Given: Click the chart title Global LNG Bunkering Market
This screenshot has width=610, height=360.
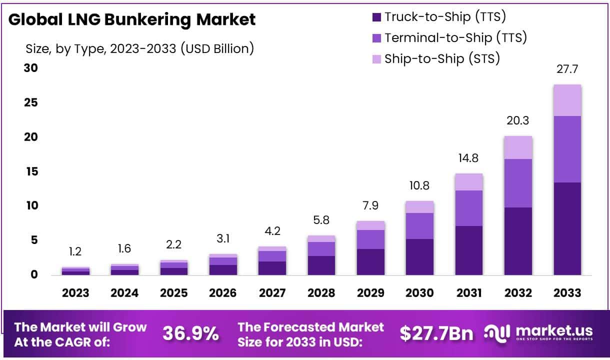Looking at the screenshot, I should [132, 19].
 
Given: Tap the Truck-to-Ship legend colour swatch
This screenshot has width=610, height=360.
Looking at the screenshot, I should [376, 17].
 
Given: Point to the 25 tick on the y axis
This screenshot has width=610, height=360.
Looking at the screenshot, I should [31, 102].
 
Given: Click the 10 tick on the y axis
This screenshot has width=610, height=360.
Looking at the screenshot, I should [31, 205].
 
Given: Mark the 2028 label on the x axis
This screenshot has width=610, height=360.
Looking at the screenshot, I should [321, 293].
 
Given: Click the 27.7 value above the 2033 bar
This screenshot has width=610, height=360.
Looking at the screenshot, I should [567, 69].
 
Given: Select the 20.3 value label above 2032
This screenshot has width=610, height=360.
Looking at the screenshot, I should [518, 120].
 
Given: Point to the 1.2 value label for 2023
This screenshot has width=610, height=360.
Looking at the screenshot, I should [75, 251].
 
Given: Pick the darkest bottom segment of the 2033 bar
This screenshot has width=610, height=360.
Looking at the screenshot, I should [567, 228].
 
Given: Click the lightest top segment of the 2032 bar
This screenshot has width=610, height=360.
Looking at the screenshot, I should [518, 147].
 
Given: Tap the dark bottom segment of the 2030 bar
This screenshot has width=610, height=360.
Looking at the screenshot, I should [419, 256].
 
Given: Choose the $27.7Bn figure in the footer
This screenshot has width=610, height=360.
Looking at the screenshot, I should [436, 333].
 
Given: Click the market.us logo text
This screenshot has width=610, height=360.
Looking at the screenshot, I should [553, 330].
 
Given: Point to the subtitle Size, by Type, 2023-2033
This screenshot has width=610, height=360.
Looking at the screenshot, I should [139, 48].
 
